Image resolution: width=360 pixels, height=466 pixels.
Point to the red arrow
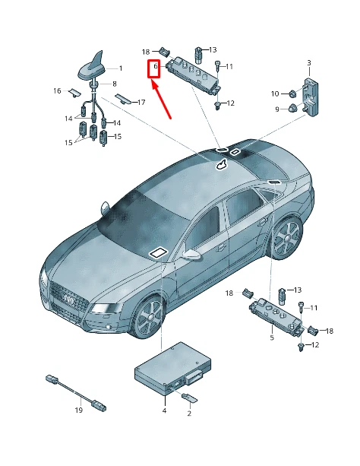(163, 99)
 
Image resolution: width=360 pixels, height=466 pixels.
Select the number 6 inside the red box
(155, 68)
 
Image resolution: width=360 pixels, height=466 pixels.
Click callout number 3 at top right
(309, 62)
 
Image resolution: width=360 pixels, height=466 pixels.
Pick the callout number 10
(275, 94)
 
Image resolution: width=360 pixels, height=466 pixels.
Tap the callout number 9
(276, 109)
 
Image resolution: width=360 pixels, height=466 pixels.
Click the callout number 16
(57, 91)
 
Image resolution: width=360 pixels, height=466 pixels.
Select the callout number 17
(141, 101)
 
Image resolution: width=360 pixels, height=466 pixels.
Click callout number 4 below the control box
(163, 411)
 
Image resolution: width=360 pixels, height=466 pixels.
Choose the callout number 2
(189, 414)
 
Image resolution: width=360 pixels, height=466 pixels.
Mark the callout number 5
(272, 338)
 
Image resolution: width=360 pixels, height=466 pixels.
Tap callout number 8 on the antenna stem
(115, 83)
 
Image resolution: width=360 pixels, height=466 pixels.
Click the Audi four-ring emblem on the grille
(68, 300)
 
